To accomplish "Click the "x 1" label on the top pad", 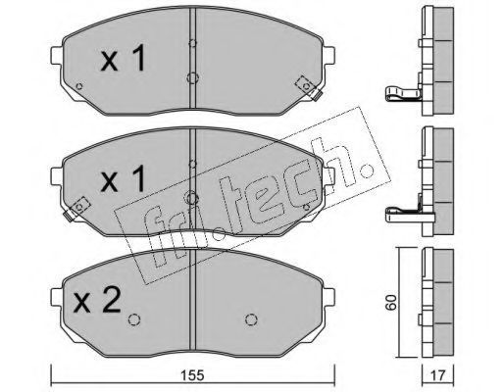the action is (x=123, y=58).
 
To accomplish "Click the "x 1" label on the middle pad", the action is (x=123, y=178).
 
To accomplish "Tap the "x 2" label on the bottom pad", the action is (x=97, y=300).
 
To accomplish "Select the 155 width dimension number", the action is (x=193, y=375).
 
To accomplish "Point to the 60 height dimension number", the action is (x=391, y=302).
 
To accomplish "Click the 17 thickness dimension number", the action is (x=437, y=375).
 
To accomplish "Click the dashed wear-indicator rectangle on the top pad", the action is (x=306, y=86).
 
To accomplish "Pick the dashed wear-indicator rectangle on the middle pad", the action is (x=79, y=207).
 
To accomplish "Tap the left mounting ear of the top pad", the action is (x=56, y=56).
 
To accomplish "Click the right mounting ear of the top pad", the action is (x=329, y=56).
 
